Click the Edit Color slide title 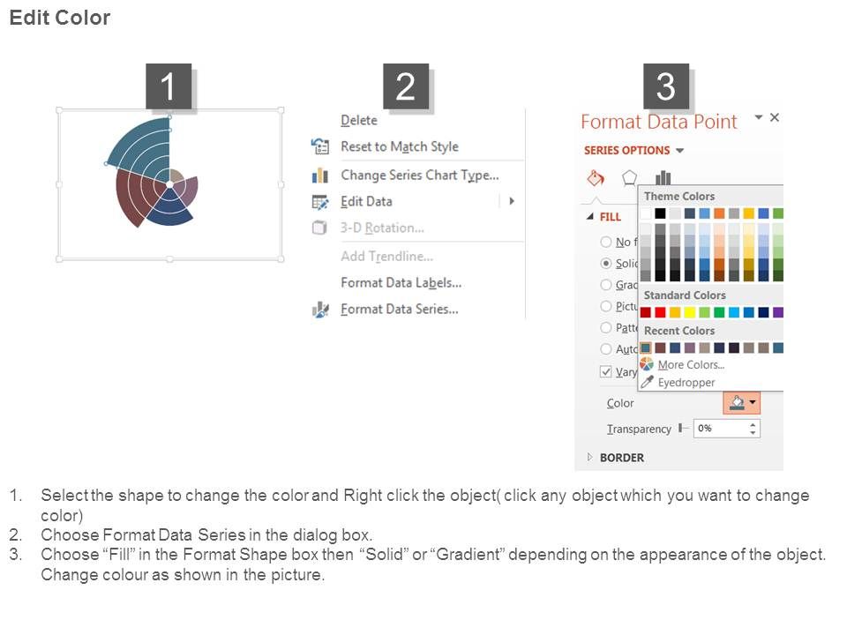point(60,18)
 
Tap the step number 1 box point(169,87)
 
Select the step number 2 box point(405,87)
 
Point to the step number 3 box point(665,87)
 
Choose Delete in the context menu point(358,120)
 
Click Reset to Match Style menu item point(399,146)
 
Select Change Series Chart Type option point(419,175)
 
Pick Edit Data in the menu point(366,201)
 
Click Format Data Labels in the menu point(401,282)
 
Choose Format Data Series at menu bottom point(399,309)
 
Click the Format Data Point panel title point(658,122)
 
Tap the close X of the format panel point(775,117)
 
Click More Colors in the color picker point(690,364)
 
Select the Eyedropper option point(686,382)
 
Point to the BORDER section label point(621,458)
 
